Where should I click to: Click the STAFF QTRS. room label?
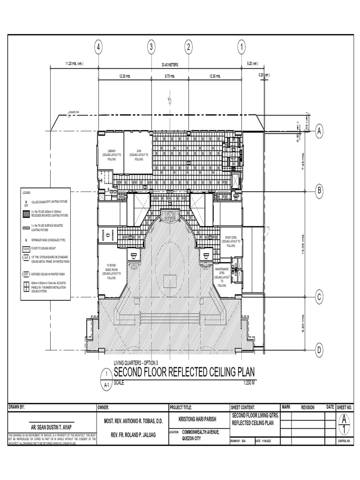click(x=231, y=240)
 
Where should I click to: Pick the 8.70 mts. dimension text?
click(x=170, y=76)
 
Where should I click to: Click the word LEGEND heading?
click(x=26, y=192)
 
